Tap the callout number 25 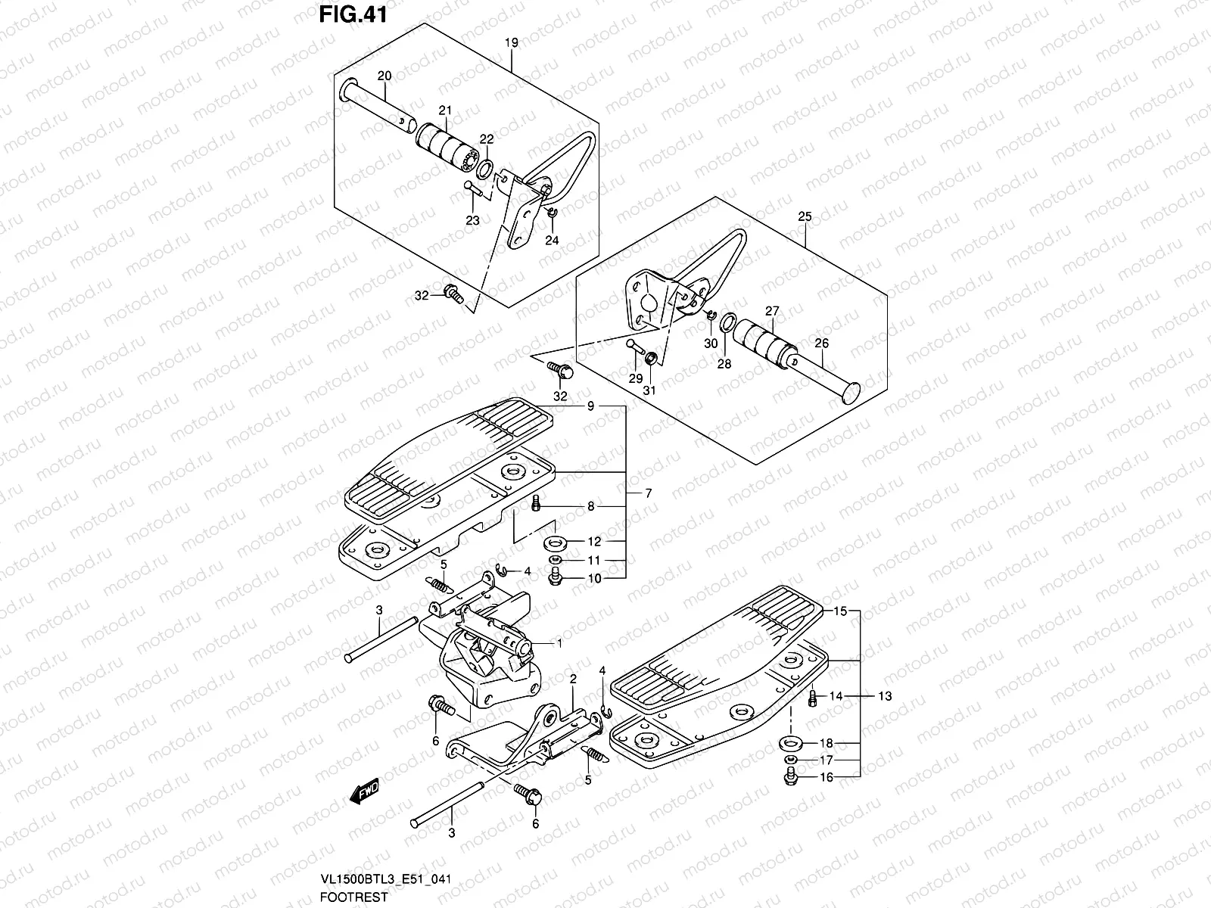click(x=804, y=217)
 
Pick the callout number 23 click(x=472, y=221)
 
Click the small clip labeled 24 click(x=552, y=216)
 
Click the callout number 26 click(x=822, y=344)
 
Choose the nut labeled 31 click(x=650, y=356)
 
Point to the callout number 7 click(x=648, y=493)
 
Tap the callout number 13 click(x=885, y=695)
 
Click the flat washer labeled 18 click(x=791, y=742)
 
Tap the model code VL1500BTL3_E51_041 click(x=386, y=879)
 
